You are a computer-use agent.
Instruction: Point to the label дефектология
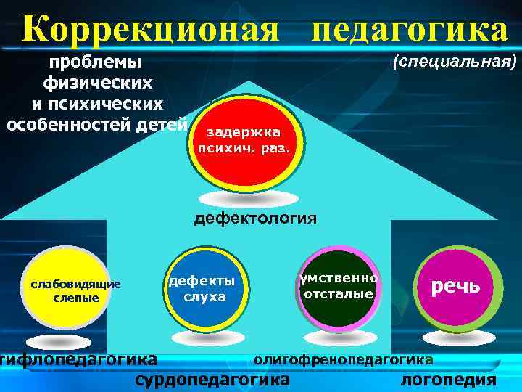point(254,217)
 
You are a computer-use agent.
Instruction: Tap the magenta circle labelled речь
point(457,287)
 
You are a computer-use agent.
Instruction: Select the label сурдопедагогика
point(212,379)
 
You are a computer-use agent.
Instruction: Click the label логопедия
point(448,379)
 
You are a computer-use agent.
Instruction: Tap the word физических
point(98,83)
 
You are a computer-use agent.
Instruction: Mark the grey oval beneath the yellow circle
point(63,341)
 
